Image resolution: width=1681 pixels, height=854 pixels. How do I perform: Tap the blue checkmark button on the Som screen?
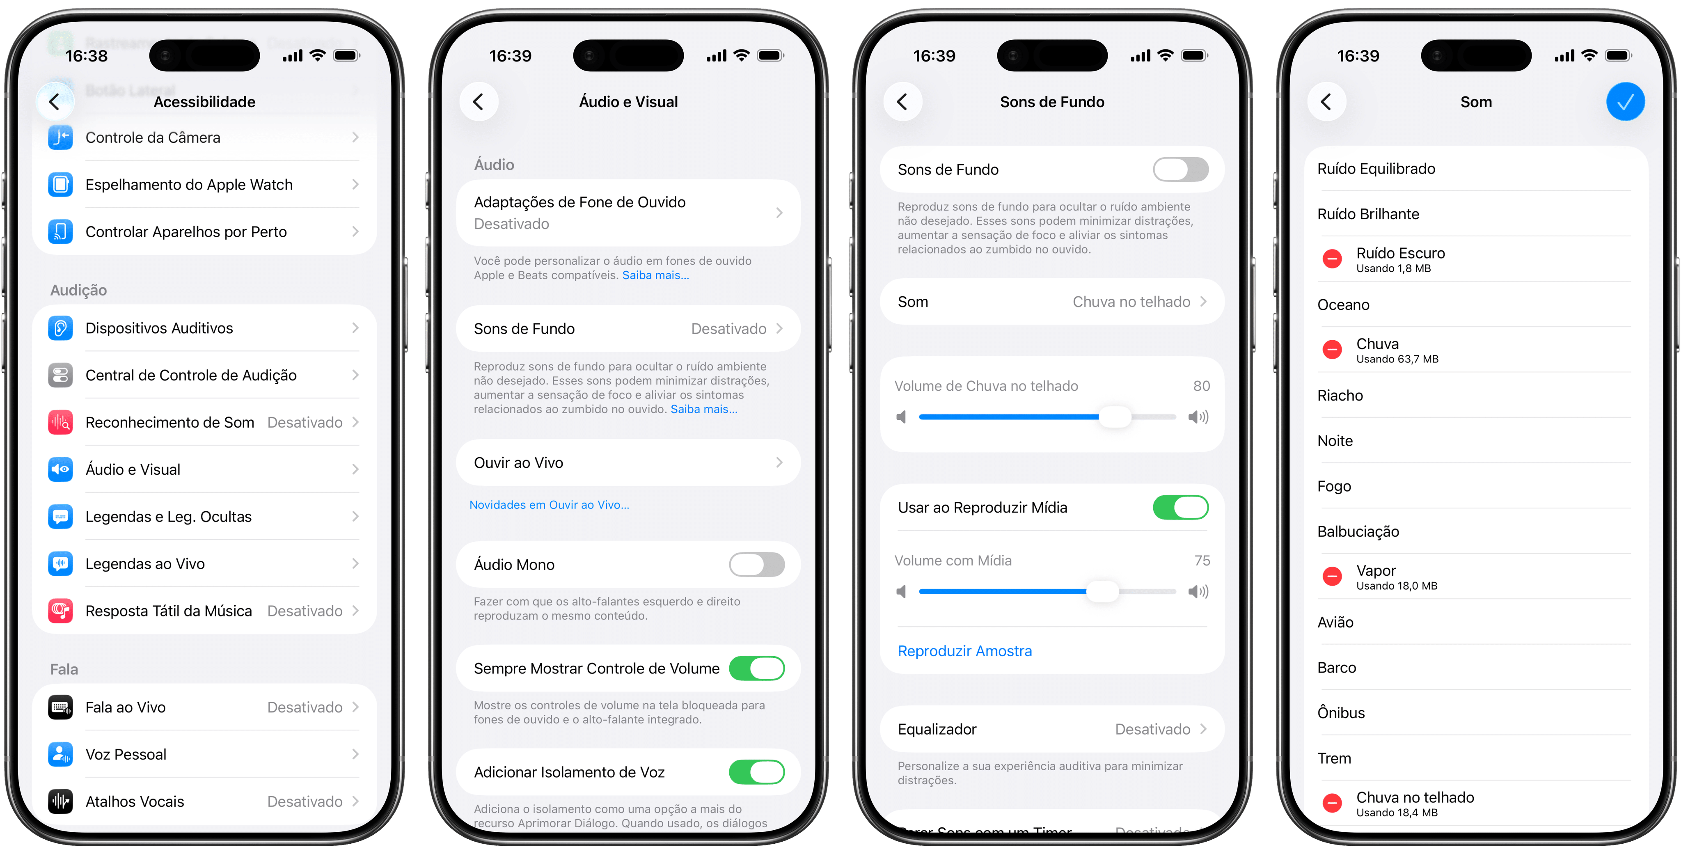click(1625, 102)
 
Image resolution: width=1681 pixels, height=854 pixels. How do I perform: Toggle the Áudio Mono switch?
click(756, 564)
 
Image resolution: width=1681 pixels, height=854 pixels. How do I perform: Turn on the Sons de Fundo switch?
click(1180, 169)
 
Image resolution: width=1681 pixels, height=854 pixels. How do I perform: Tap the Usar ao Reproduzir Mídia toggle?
click(1180, 508)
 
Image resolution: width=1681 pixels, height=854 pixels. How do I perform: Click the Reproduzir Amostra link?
click(964, 651)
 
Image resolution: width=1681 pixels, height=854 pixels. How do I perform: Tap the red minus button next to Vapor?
click(1332, 577)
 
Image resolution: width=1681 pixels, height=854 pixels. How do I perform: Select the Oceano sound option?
click(1343, 305)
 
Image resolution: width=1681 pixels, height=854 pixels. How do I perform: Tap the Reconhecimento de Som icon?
click(61, 422)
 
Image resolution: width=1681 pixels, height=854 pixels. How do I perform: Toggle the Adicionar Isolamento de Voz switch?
click(756, 772)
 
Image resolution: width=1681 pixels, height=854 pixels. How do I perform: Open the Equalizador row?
click(1051, 729)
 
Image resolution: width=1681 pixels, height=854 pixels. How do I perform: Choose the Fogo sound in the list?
click(1334, 486)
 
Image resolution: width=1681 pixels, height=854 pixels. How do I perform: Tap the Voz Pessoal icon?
click(61, 754)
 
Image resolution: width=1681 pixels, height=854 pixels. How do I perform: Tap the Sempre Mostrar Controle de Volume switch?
click(756, 669)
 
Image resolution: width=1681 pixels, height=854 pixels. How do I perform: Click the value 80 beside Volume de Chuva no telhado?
click(1201, 386)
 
